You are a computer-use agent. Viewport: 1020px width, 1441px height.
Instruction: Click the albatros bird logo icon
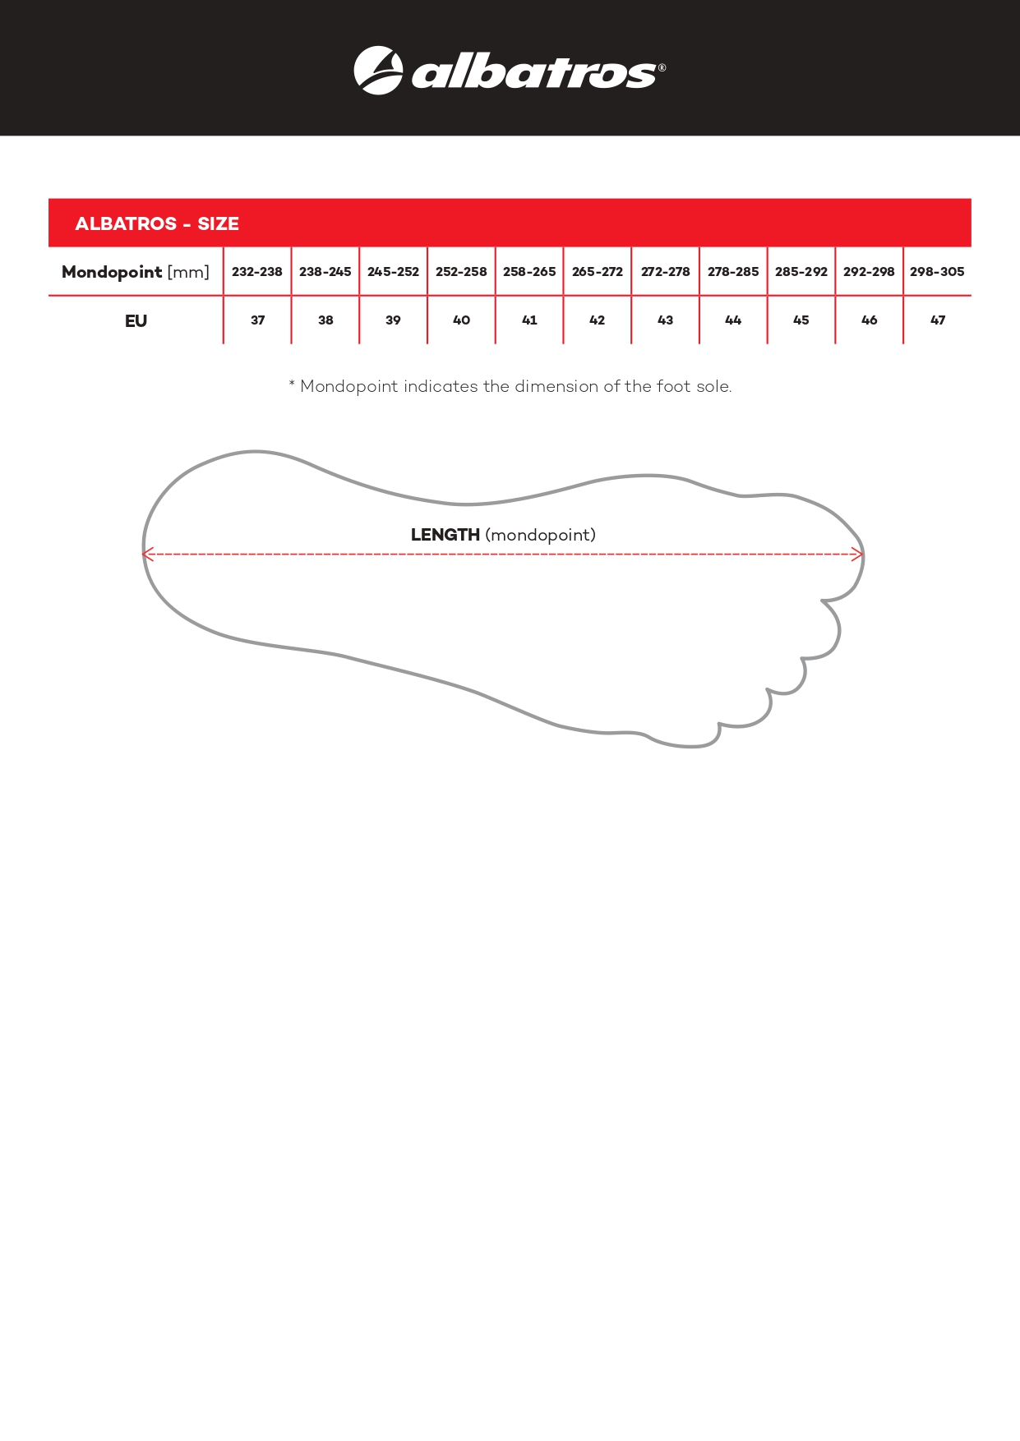click(x=378, y=71)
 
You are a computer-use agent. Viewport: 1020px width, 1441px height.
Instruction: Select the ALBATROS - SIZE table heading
click(x=157, y=223)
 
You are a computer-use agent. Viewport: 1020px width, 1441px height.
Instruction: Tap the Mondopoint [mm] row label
click(x=136, y=272)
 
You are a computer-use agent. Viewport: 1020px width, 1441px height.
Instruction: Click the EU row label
click(x=136, y=320)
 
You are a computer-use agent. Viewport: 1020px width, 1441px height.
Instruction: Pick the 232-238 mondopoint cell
click(x=257, y=272)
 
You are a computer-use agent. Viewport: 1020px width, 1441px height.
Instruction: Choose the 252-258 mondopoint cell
click(x=461, y=272)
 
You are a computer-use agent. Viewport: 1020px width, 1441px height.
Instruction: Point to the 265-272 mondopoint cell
click(x=598, y=272)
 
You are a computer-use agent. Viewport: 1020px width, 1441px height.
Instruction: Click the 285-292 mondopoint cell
click(x=801, y=272)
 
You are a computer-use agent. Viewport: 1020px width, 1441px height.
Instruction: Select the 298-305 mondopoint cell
click(x=937, y=272)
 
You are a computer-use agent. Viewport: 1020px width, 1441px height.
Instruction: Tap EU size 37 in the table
click(x=257, y=320)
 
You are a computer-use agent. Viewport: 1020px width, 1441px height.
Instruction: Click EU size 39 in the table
click(x=393, y=320)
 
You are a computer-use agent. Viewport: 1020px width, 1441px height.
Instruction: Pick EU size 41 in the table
click(x=529, y=320)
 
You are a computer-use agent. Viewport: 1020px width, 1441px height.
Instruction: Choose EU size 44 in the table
click(x=733, y=320)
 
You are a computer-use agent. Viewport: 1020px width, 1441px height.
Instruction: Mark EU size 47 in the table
click(x=937, y=320)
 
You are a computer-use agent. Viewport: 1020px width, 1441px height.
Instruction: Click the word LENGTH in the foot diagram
click(x=445, y=535)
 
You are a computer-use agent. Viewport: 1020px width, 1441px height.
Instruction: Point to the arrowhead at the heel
click(x=147, y=555)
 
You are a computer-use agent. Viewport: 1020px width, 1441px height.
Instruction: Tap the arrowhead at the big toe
click(x=857, y=555)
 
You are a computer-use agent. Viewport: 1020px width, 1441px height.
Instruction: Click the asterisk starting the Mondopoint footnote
click(x=292, y=384)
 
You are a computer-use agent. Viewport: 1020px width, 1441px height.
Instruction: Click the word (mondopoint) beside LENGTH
click(x=540, y=536)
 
